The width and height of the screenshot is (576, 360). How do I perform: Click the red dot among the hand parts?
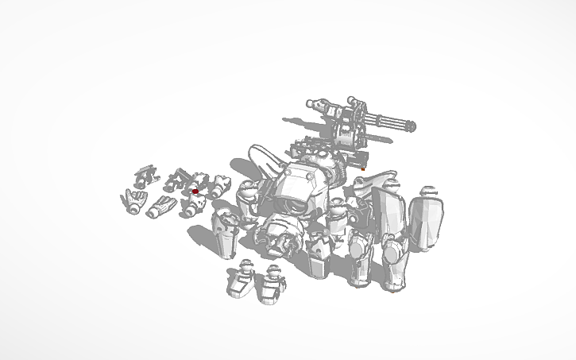click(195, 191)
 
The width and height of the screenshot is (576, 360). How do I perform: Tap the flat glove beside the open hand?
click(161, 206)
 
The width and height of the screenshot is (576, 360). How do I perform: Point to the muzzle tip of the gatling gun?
click(414, 126)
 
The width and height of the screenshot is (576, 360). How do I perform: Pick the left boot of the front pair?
click(239, 281)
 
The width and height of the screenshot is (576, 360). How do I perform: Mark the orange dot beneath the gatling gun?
click(364, 169)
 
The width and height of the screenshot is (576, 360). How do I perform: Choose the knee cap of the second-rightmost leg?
click(359, 250)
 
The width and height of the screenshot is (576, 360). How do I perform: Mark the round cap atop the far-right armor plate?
click(430, 191)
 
